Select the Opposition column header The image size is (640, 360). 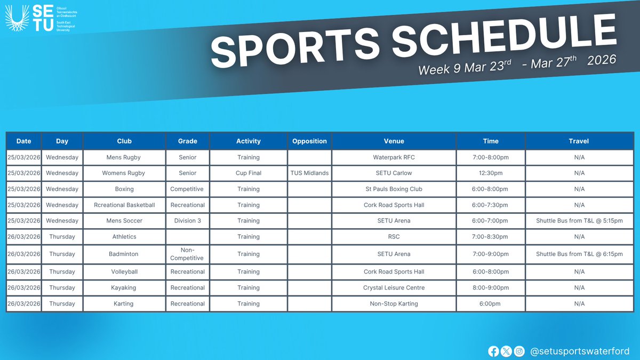tap(309, 141)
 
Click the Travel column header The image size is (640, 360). tap(579, 141)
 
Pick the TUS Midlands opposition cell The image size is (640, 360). tap(309, 173)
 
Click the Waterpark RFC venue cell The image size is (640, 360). tap(394, 157)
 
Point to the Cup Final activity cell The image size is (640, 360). tap(249, 173)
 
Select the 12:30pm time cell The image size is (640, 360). tap(491, 173)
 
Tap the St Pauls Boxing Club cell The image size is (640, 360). tap(394, 189)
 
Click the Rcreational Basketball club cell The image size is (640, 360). tap(124, 205)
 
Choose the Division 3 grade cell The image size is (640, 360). tap(188, 221)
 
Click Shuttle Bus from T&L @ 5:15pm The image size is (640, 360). tap(579, 221)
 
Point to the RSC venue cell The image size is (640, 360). tap(394, 237)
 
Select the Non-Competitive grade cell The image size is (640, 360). tap(188, 254)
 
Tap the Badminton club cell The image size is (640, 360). tap(124, 254)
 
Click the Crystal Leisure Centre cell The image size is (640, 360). tap(394, 287)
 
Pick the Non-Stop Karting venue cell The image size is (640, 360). tap(394, 303)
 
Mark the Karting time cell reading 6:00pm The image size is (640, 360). tap(491, 303)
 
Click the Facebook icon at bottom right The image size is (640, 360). tap(493, 351)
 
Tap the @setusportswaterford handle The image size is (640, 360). tap(580, 351)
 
